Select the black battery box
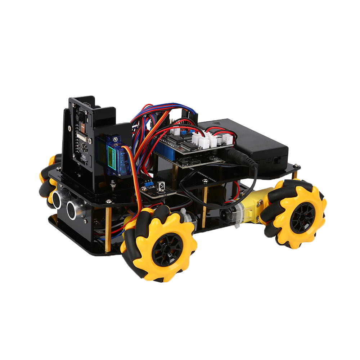pyautogui.click(x=245, y=142)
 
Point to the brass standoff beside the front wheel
pyautogui.click(x=108, y=230)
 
